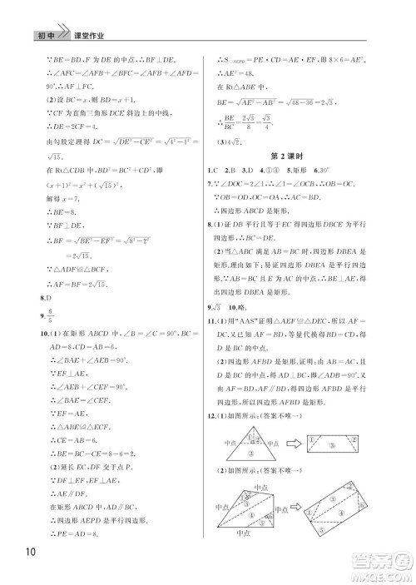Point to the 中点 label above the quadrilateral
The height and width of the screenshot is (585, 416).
(260, 486)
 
